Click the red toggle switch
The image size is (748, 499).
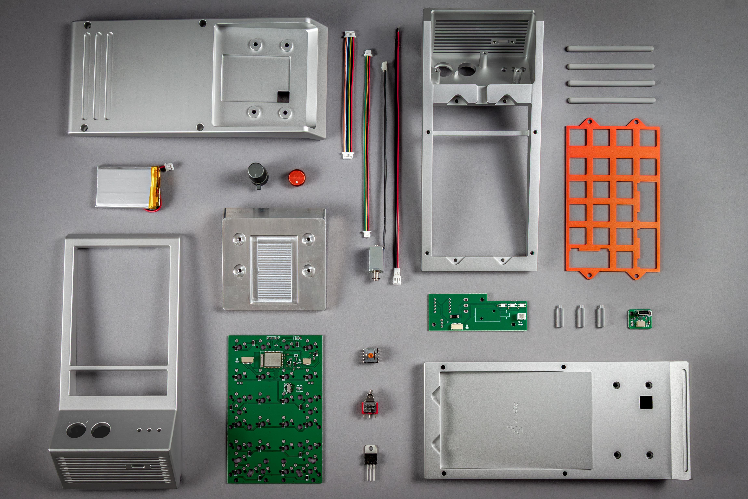pos(370,406)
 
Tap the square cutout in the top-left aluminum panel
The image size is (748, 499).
pos(283,96)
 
